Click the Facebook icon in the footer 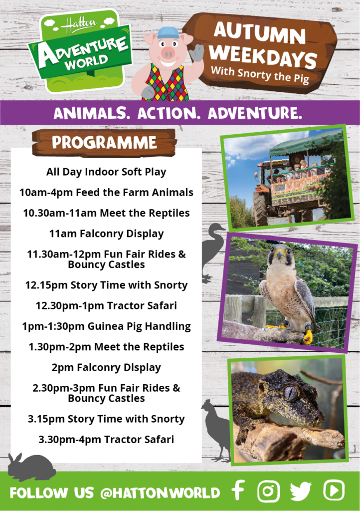pyautogui.click(x=238, y=491)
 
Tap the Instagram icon pyautogui.click(x=268, y=491)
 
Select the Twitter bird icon pyautogui.click(x=301, y=491)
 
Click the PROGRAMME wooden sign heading pyautogui.click(x=104, y=142)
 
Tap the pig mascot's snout pyautogui.click(x=169, y=53)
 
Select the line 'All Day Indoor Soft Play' pyautogui.click(x=106, y=172)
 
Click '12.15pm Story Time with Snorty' pyautogui.click(x=106, y=285)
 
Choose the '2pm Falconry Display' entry pyautogui.click(x=106, y=368)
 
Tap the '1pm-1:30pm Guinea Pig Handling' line pyautogui.click(x=106, y=326)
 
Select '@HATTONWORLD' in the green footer pyautogui.click(x=160, y=493)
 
